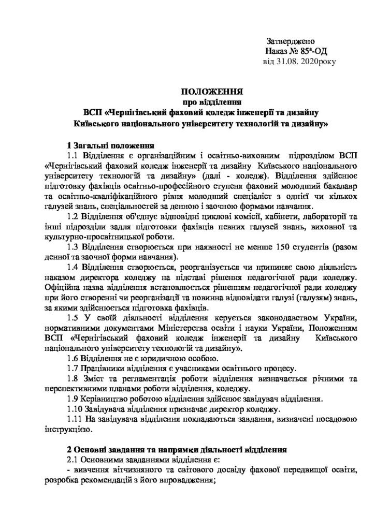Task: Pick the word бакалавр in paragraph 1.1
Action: point(338,187)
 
